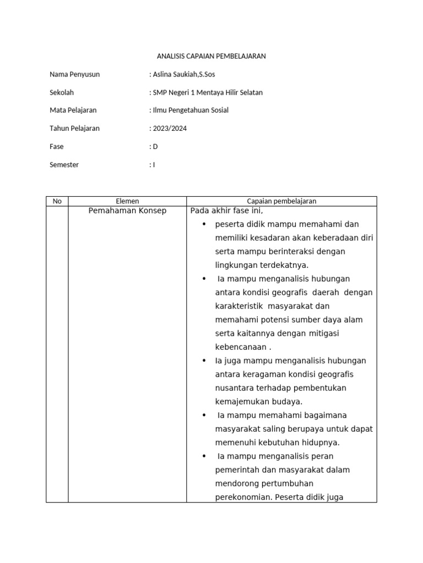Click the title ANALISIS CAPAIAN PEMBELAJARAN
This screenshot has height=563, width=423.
[x=211, y=57]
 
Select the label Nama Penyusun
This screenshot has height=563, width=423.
[x=74, y=75]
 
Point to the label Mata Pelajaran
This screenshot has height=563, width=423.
[x=73, y=111]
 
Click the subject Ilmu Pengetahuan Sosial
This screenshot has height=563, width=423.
[x=190, y=111]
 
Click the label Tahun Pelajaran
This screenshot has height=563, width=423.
[x=74, y=129]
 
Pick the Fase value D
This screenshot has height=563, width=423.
[x=155, y=147]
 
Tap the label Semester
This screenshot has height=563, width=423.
[x=64, y=165]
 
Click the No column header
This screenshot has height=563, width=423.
[x=57, y=201]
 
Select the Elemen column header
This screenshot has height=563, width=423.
[x=127, y=201]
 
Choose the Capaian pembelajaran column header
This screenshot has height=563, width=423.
[x=281, y=201]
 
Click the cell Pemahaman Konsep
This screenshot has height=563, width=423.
[x=127, y=211]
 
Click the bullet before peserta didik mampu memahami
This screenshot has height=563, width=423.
[x=204, y=224]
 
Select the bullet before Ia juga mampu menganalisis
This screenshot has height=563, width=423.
[x=204, y=361]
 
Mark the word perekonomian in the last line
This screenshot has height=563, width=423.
[x=240, y=497]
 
